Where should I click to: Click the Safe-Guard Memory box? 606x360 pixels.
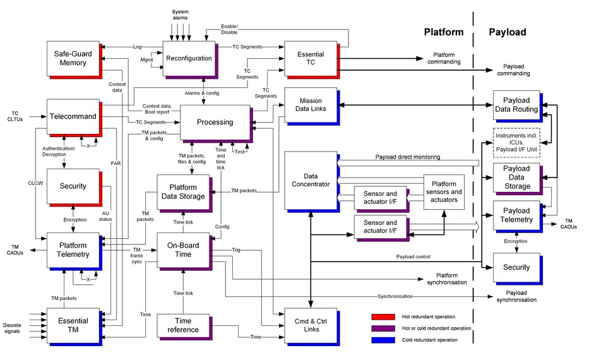(x=72, y=57)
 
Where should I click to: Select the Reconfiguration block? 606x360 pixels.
(x=189, y=57)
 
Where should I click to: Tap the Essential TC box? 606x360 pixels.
(x=311, y=58)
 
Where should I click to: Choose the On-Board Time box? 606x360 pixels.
(x=182, y=249)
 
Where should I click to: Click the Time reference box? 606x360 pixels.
(x=182, y=325)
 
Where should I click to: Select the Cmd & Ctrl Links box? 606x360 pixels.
(x=311, y=325)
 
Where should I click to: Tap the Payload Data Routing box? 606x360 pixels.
(x=516, y=105)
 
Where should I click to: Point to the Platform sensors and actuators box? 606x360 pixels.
(x=444, y=192)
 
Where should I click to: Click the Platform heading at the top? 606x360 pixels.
(x=443, y=32)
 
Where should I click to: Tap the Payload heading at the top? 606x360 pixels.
(x=508, y=32)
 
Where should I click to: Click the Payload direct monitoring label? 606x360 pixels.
(x=407, y=157)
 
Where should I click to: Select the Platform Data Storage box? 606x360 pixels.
(x=182, y=191)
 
